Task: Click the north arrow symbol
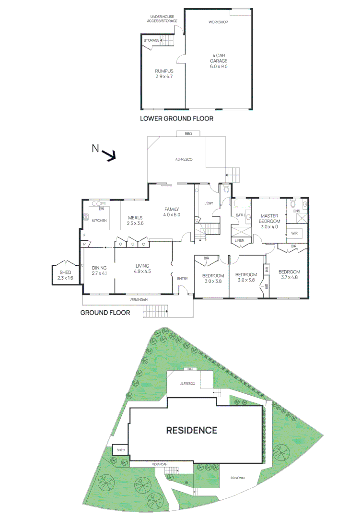click(110, 155)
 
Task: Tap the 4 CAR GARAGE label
click(219, 61)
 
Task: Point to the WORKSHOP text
click(218, 23)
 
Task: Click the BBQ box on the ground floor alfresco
click(188, 134)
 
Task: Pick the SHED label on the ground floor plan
click(65, 272)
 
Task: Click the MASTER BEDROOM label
click(269, 219)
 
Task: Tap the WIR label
click(294, 234)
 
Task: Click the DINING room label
click(99, 268)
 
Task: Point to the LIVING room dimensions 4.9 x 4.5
click(142, 271)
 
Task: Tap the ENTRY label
click(183, 278)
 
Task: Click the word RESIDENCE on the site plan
click(192, 430)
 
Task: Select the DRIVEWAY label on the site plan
click(238, 478)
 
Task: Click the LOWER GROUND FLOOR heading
click(176, 118)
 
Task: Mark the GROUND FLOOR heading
click(105, 313)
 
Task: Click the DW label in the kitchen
click(101, 209)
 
